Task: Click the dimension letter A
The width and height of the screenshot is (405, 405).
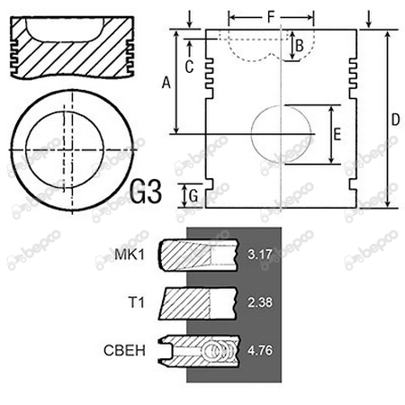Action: coord(166,83)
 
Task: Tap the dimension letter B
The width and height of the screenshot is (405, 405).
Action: coord(300,46)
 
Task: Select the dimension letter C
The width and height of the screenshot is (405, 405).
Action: coord(189,67)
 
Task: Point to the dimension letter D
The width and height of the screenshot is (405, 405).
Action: coord(396,120)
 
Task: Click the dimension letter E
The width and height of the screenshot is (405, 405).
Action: coord(337,134)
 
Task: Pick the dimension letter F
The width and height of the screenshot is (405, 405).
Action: coord(271,17)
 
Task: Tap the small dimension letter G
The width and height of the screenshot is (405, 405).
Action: coord(193,196)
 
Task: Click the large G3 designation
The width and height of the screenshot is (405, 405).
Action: coord(146,192)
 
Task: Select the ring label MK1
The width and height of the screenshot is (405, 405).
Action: coord(130,255)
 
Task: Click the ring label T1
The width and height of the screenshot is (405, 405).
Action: coord(137,302)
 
